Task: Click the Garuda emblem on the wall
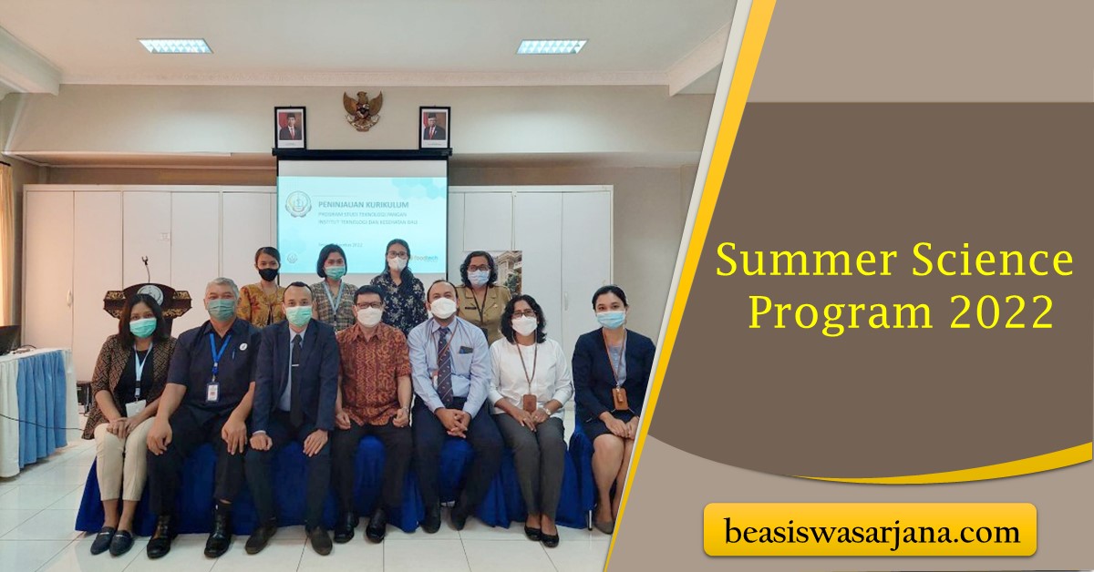tap(362, 109)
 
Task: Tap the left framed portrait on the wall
tap(290, 128)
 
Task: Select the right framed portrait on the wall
tap(434, 128)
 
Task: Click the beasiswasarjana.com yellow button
tap(870, 530)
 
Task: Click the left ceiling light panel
tap(175, 46)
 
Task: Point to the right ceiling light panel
tap(552, 46)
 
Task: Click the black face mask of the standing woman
tap(267, 273)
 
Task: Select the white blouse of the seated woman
tap(529, 373)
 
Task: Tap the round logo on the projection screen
tap(298, 203)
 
